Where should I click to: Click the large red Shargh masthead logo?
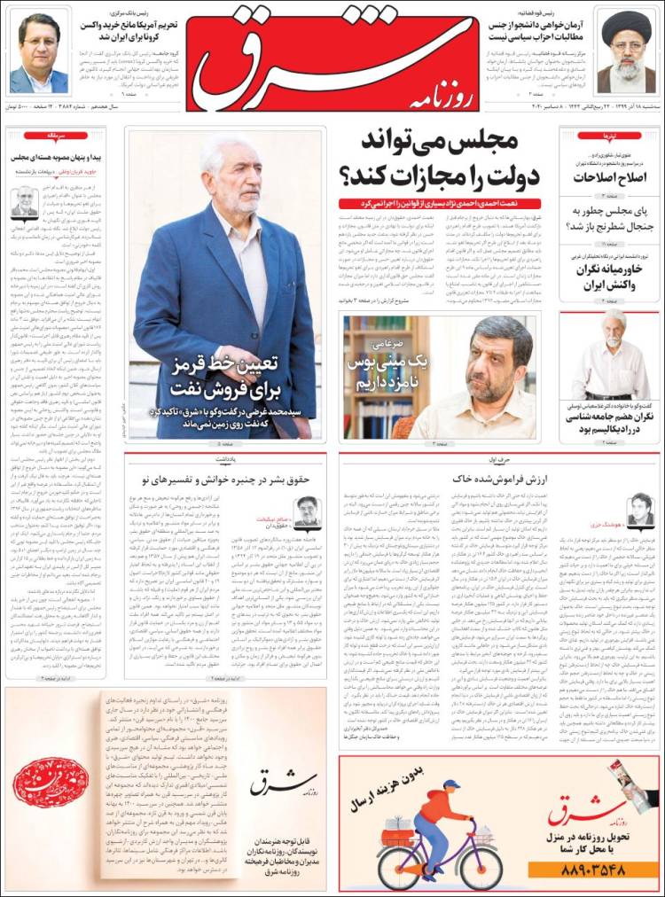[332, 58]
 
